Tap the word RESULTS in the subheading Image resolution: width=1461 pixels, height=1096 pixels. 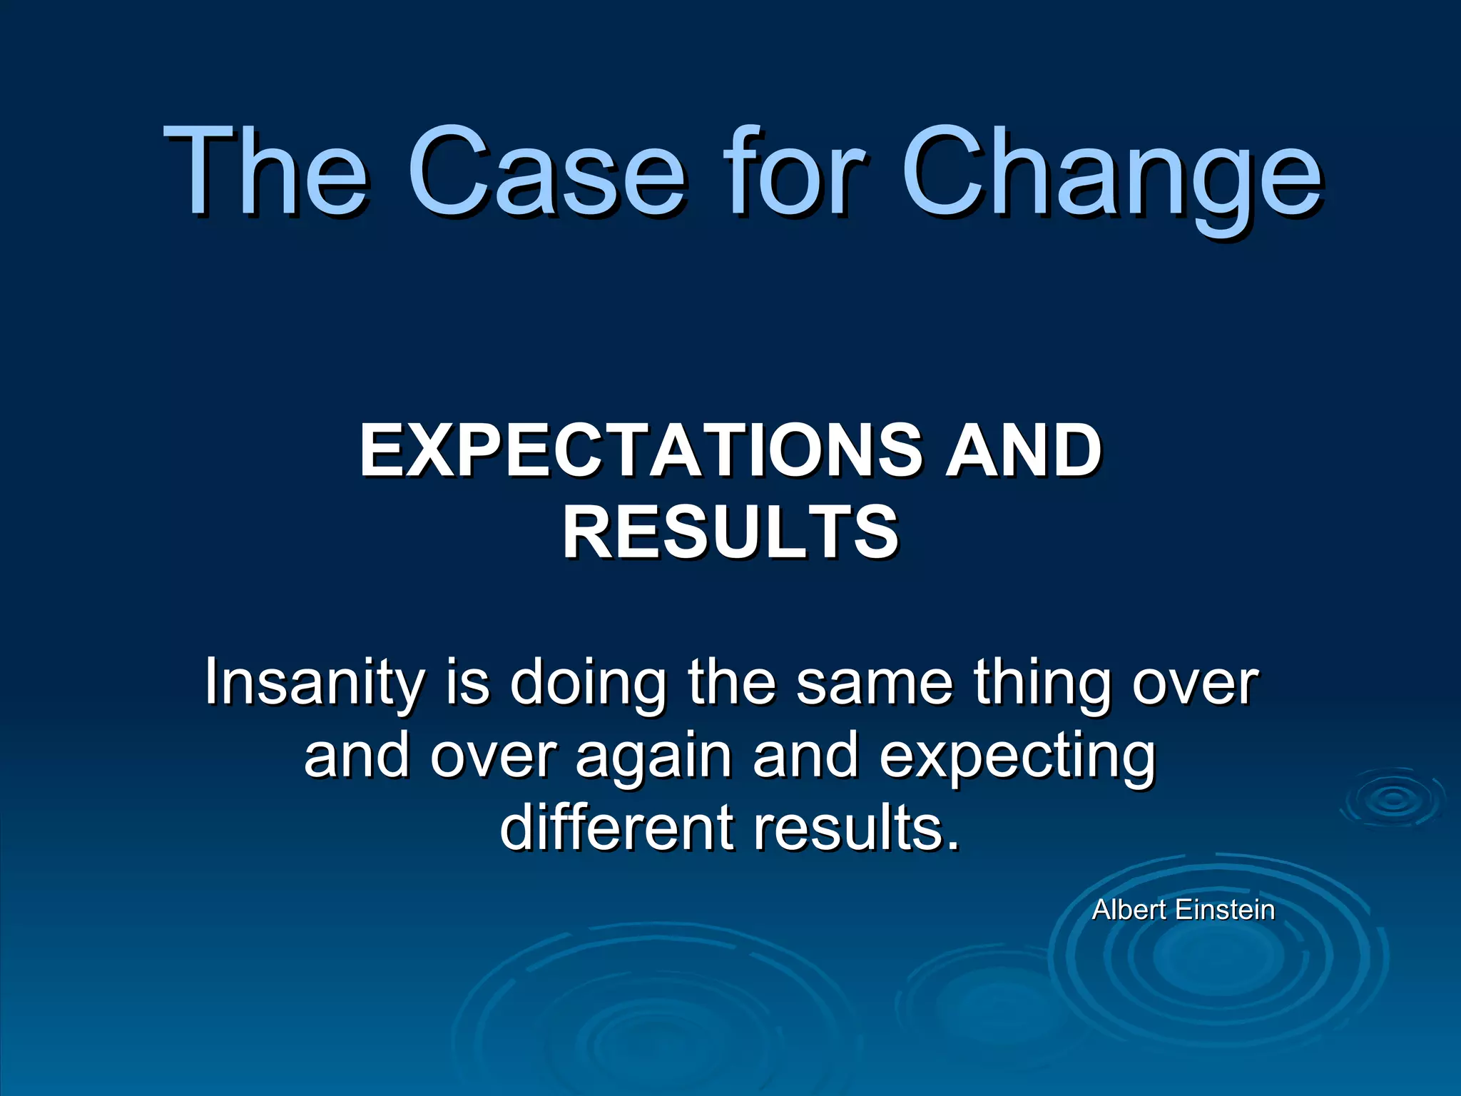[730, 532]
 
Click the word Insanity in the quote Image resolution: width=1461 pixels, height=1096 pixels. [315, 684]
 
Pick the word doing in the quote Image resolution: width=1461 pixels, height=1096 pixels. [588, 684]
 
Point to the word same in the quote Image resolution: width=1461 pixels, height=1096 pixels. [874, 682]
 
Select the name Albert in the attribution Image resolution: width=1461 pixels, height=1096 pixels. [1129, 910]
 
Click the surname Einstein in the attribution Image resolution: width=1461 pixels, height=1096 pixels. [1224, 910]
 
